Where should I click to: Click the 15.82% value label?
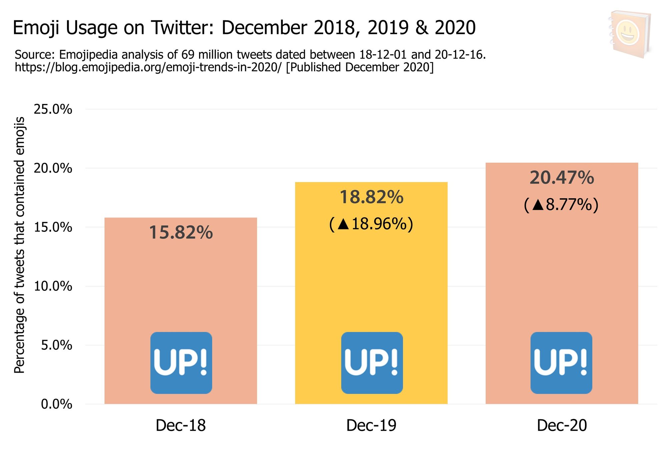pyautogui.click(x=181, y=233)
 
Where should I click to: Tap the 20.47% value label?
pyautogui.click(x=562, y=178)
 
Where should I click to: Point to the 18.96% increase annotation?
pyautogui.click(x=371, y=224)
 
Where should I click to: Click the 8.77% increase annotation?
pyautogui.click(x=562, y=205)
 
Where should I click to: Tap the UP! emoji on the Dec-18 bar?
pyautogui.click(x=181, y=363)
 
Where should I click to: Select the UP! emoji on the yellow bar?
pyautogui.click(x=372, y=363)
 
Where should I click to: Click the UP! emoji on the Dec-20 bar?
pyautogui.click(x=561, y=363)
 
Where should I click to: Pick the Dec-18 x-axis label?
pyautogui.click(x=181, y=426)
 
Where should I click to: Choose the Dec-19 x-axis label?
pyautogui.click(x=371, y=426)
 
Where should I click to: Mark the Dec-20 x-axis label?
pyautogui.click(x=562, y=426)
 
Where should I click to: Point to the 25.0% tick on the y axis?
pyautogui.click(x=53, y=109)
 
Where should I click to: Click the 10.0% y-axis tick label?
pyautogui.click(x=53, y=286)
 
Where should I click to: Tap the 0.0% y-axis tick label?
pyautogui.click(x=56, y=404)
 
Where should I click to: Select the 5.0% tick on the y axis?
pyautogui.click(x=56, y=345)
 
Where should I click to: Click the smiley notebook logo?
pyautogui.click(x=630, y=34)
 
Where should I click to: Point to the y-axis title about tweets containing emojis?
pyautogui.click(x=20, y=245)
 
